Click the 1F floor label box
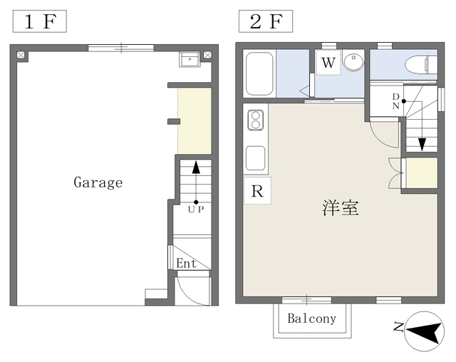[x=40, y=21]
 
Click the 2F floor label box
[x=266, y=21]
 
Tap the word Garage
[x=98, y=182]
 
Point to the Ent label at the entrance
[x=187, y=264]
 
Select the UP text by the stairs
[x=196, y=210]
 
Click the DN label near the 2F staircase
[x=395, y=101]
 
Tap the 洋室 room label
[x=341, y=208]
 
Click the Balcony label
[x=312, y=319]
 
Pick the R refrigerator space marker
[x=257, y=191]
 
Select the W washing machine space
[x=328, y=63]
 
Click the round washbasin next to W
[x=353, y=62]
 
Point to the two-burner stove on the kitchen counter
[x=256, y=120]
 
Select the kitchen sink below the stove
[x=255, y=158]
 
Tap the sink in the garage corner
[x=190, y=59]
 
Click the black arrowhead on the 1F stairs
[x=196, y=167]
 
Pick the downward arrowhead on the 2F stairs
[x=422, y=145]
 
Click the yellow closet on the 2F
[x=421, y=173]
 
